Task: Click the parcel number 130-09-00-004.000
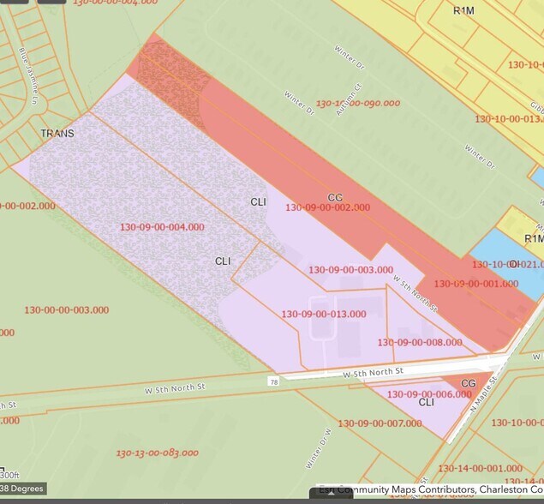click(x=162, y=227)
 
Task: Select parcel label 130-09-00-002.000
click(x=327, y=207)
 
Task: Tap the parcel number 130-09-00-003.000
click(x=350, y=270)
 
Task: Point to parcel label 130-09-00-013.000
click(x=324, y=314)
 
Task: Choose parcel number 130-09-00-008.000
click(x=420, y=342)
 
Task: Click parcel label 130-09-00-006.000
click(x=429, y=394)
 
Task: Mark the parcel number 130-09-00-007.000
click(x=380, y=423)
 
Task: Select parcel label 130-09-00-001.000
click(x=475, y=284)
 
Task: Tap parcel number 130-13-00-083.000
click(x=158, y=453)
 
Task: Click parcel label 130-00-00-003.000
click(x=67, y=309)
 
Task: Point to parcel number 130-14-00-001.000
click(x=480, y=468)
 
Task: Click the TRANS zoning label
click(x=57, y=134)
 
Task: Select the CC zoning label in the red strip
click(x=335, y=197)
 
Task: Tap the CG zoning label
click(x=469, y=383)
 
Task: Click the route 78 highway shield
click(x=273, y=381)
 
